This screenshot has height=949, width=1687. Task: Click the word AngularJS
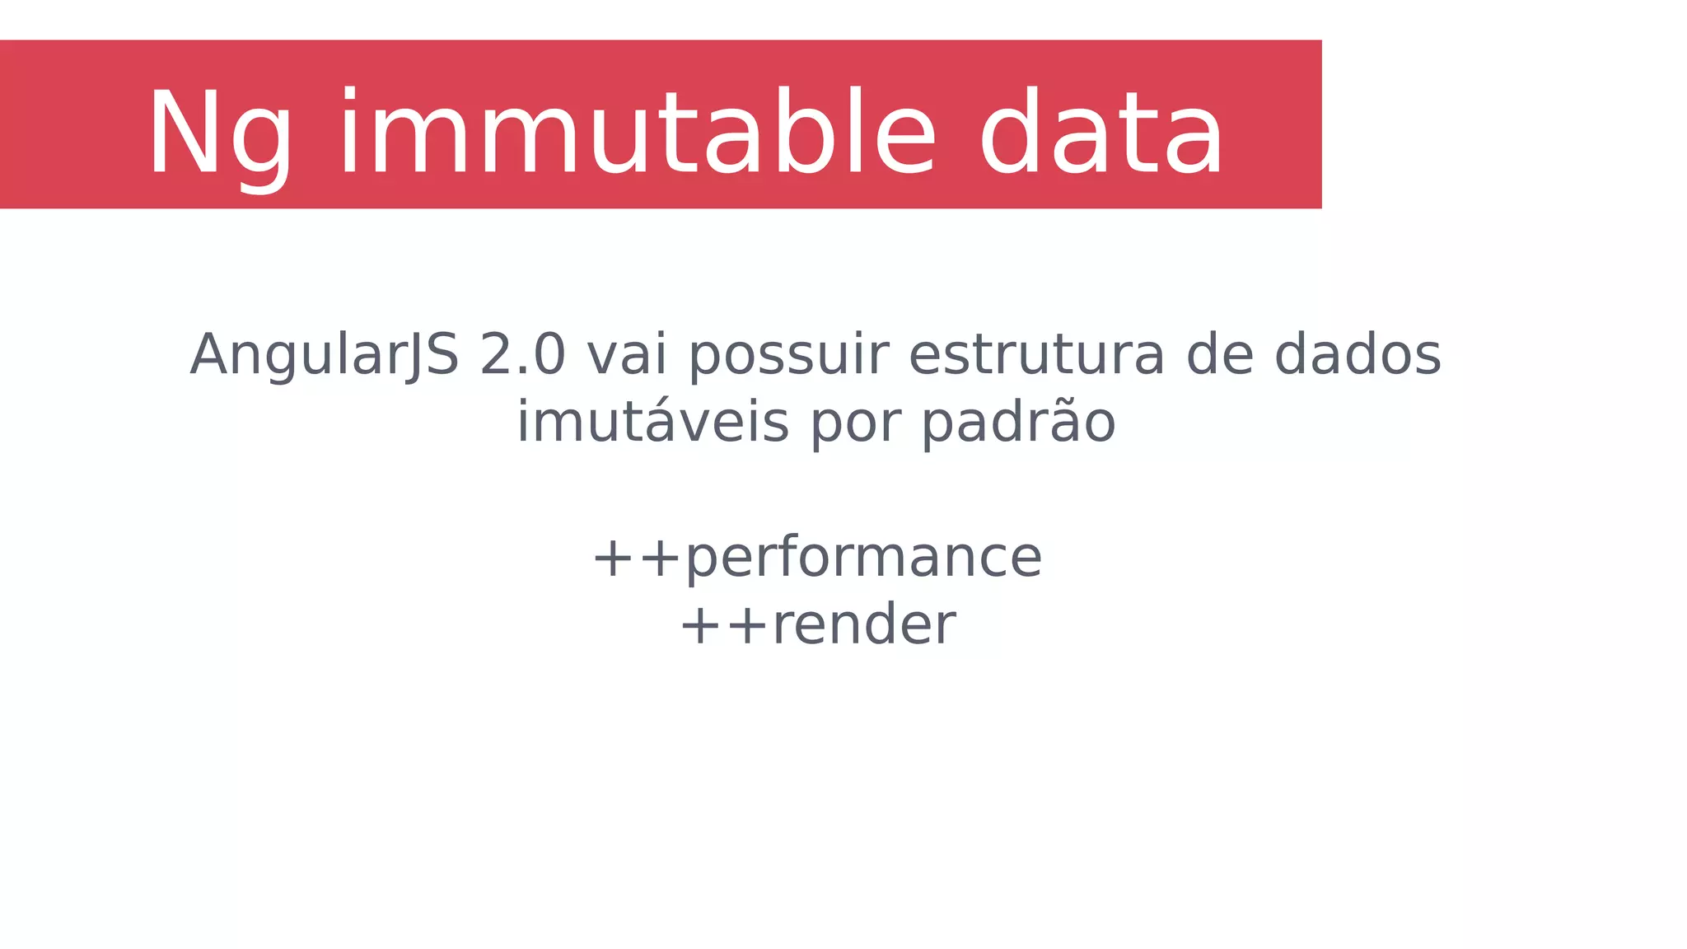[x=324, y=355]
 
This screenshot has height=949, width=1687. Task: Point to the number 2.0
[x=522, y=355]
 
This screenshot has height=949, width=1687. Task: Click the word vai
[x=626, y=355]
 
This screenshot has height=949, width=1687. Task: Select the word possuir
[x=788, y=357]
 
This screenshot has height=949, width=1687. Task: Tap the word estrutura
[x=1036, y=355]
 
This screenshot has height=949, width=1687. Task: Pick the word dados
[x=1358, y=355]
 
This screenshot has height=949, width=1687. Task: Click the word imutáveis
[x=652, y=423]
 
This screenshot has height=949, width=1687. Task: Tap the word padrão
[x=1018, y=423]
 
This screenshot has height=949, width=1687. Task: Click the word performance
[x=863, y=559]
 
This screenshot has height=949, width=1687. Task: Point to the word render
[x=863, y=625]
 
